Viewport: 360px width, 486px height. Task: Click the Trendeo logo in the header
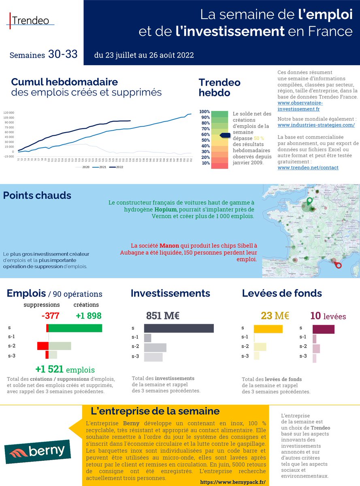pos(31,20)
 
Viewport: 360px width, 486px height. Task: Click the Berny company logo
pos(37,452)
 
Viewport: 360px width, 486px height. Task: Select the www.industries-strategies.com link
pos(316,125)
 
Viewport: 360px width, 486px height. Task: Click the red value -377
pos(51,316)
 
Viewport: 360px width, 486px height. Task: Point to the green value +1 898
pos(88,316)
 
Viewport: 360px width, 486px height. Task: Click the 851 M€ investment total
pos(162,316)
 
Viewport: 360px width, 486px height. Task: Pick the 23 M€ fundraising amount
pos(275,316)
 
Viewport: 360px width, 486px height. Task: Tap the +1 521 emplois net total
pos(65,369)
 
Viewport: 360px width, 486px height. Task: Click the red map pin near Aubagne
pos(339,264)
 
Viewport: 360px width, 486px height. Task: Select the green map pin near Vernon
pos(310,201)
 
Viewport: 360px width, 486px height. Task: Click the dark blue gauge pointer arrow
pos(225,135)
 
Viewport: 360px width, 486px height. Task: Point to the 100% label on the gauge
pos(204,112)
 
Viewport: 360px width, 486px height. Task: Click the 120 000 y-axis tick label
pos(9,112)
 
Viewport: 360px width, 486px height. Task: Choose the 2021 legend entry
pos(97,166)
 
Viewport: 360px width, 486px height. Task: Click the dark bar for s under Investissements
pos(179,328)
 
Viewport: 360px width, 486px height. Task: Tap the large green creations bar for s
pos(75,328)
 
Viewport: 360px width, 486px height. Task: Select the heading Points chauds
pos(37,196)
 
